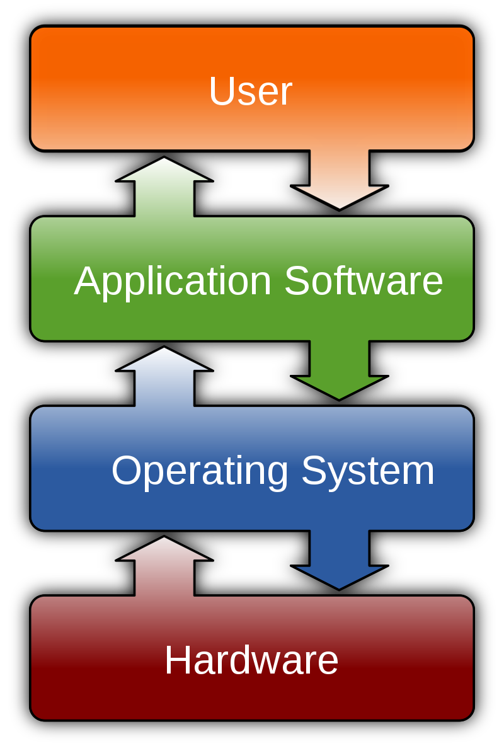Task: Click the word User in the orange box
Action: tap(250, 91)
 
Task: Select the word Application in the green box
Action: tap(173, 281)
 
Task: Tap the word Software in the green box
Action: tap(364, 281)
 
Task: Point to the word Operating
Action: tap(200, 471)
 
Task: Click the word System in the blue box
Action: tap(368, 471)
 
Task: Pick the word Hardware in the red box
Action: tap(251, 660)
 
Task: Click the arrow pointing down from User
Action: tap(340, 183)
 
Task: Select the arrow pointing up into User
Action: tap(164, 186)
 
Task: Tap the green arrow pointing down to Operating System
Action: tap(340, 372)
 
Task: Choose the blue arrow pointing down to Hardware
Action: tap(340, 562)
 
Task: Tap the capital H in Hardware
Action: tap(176, 660)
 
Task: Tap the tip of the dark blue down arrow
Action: tap(340, 587)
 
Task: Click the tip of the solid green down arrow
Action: tap(340, 397)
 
